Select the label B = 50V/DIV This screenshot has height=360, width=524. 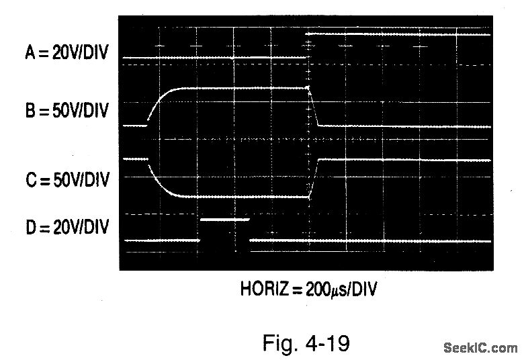(67, 111)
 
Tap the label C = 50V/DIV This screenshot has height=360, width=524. (67, 180)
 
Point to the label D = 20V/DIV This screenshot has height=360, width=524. (67, 227)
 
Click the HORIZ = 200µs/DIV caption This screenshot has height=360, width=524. (309, 290)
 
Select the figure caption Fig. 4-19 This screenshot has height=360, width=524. (306, 343)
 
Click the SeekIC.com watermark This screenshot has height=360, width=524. (480, 347)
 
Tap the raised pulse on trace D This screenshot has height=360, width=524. (224, 219)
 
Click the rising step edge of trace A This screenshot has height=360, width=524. (308, 46)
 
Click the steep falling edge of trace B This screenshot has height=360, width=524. (313, 107)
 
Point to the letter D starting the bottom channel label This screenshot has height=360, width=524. (30, 227)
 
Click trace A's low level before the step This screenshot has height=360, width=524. (215, 58)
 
